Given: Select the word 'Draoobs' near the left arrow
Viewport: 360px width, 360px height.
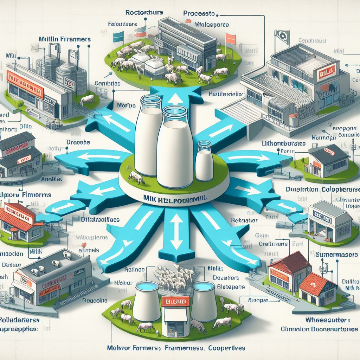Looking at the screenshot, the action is click(x=78, y=143).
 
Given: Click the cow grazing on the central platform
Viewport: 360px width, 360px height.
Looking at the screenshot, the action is click(x=136, y=178).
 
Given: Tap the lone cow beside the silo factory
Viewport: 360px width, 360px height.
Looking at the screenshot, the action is click(x=87, y=101).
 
